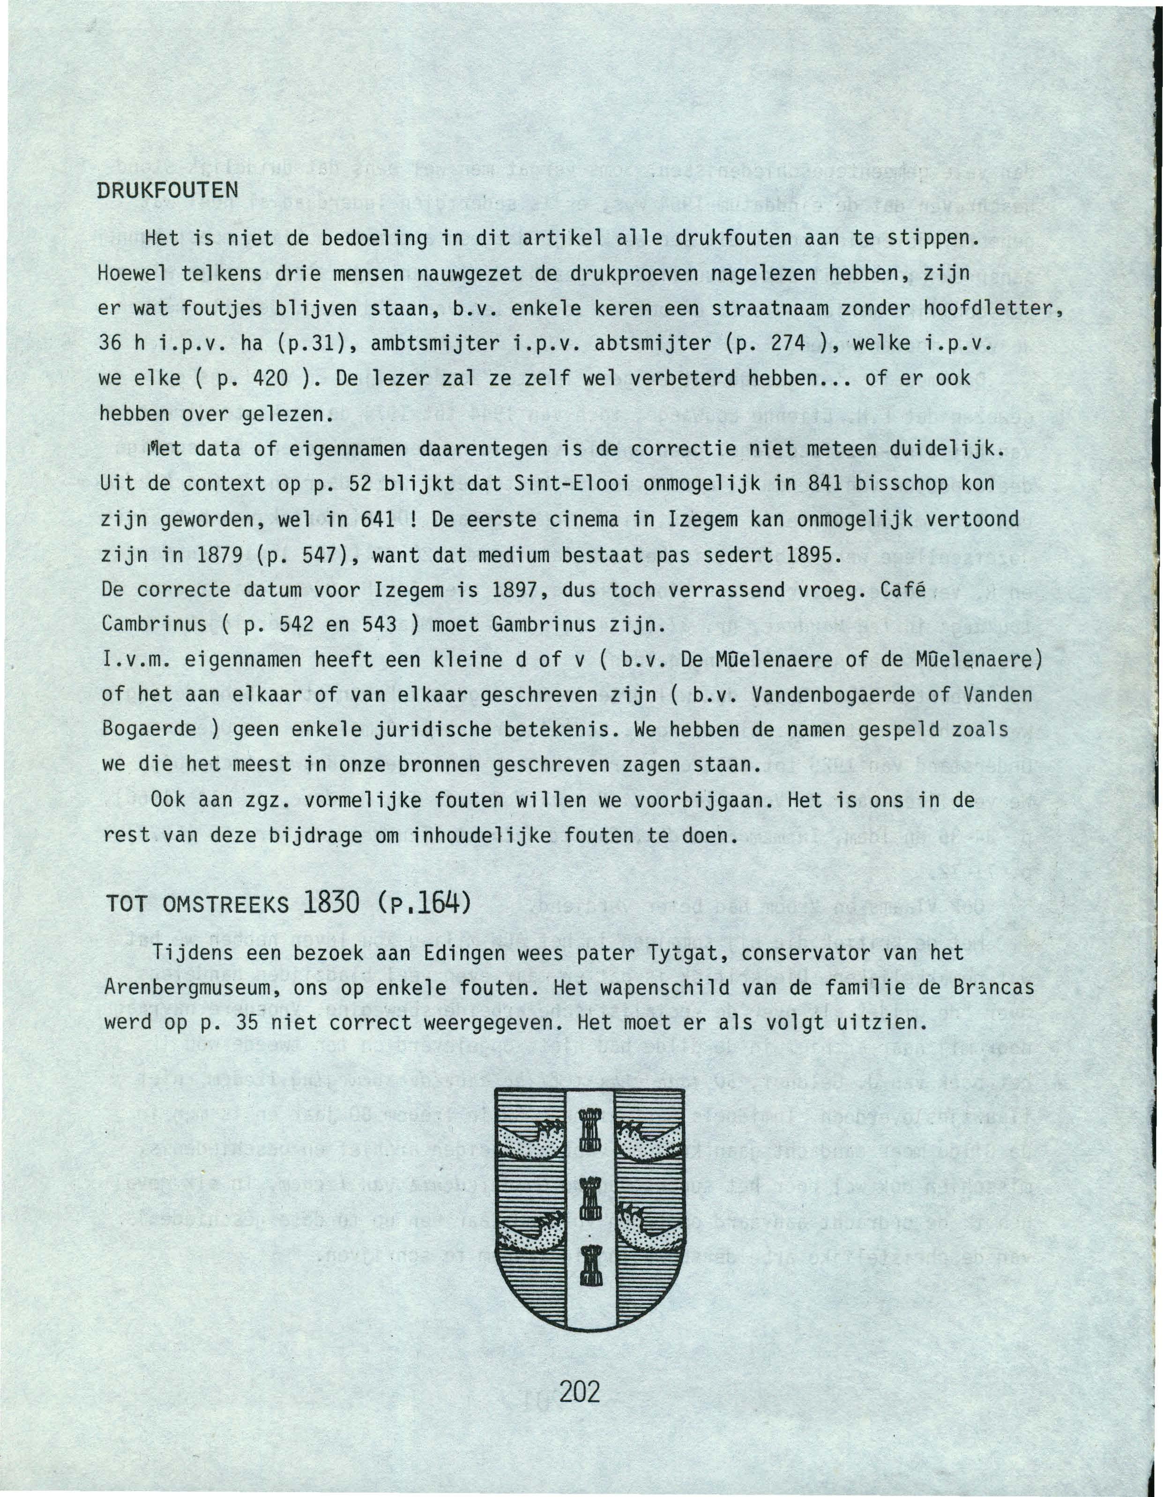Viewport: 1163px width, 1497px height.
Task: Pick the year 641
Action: (375, 520)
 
